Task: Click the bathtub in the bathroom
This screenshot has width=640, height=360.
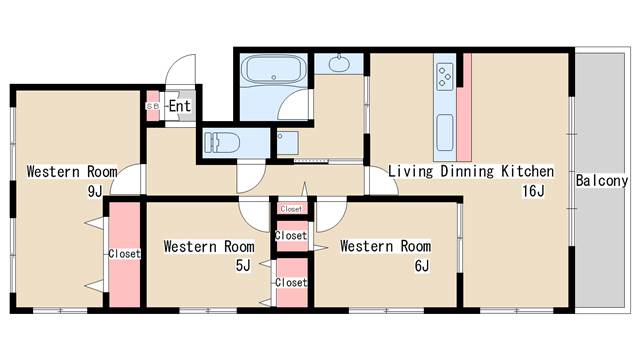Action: click(273, 69)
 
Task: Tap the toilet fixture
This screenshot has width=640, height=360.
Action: click(221, 142)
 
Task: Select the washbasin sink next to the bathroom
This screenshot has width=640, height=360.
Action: click(339, 64)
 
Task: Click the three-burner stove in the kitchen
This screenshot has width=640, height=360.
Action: click(445, 77)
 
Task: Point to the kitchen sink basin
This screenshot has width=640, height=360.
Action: click(445, 133)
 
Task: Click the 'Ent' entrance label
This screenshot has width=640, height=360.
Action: click(180, 106)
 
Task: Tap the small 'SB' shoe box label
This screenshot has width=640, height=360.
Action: click(153, 106)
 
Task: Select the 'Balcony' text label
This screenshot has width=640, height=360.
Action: click(602, 180)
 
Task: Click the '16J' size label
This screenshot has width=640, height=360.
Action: click(533, 191)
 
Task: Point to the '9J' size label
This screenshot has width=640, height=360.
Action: click(95, 191)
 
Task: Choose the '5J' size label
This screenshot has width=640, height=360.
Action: click(243, 266)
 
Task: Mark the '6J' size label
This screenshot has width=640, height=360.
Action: click(422, 266)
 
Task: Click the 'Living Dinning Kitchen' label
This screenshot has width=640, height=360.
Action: click(471, 171)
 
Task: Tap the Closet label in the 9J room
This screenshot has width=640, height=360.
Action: click(124, 253)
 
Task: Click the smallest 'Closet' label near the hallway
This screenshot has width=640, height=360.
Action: click(291, 209)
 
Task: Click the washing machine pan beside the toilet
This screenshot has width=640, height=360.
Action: click(287, 142)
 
